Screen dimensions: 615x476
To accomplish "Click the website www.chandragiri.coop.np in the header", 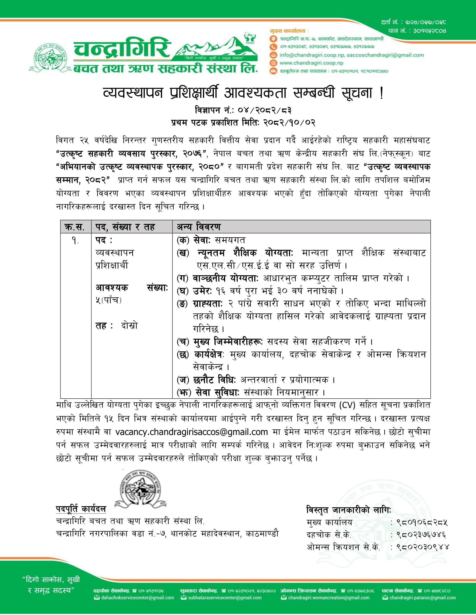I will pyautogui.click(x=311, y=63).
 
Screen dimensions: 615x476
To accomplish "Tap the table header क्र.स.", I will pyautogui.click(x=75, y=227).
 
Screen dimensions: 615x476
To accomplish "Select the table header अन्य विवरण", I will pyautogui.click(x=199, y=227).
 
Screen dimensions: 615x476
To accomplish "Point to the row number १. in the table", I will pyautogui.click(x=75, y=240).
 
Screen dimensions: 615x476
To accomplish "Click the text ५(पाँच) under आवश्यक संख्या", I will pyautogui.click(x=109, y=300).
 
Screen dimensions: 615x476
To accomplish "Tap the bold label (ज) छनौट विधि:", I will pyautogui.click(x=206, y=380).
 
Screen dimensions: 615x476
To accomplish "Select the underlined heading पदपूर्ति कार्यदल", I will pyautogui.click(x=81, y=509).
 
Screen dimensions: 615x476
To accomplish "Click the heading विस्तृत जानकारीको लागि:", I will pyautogui.click(x=349, y=510).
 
